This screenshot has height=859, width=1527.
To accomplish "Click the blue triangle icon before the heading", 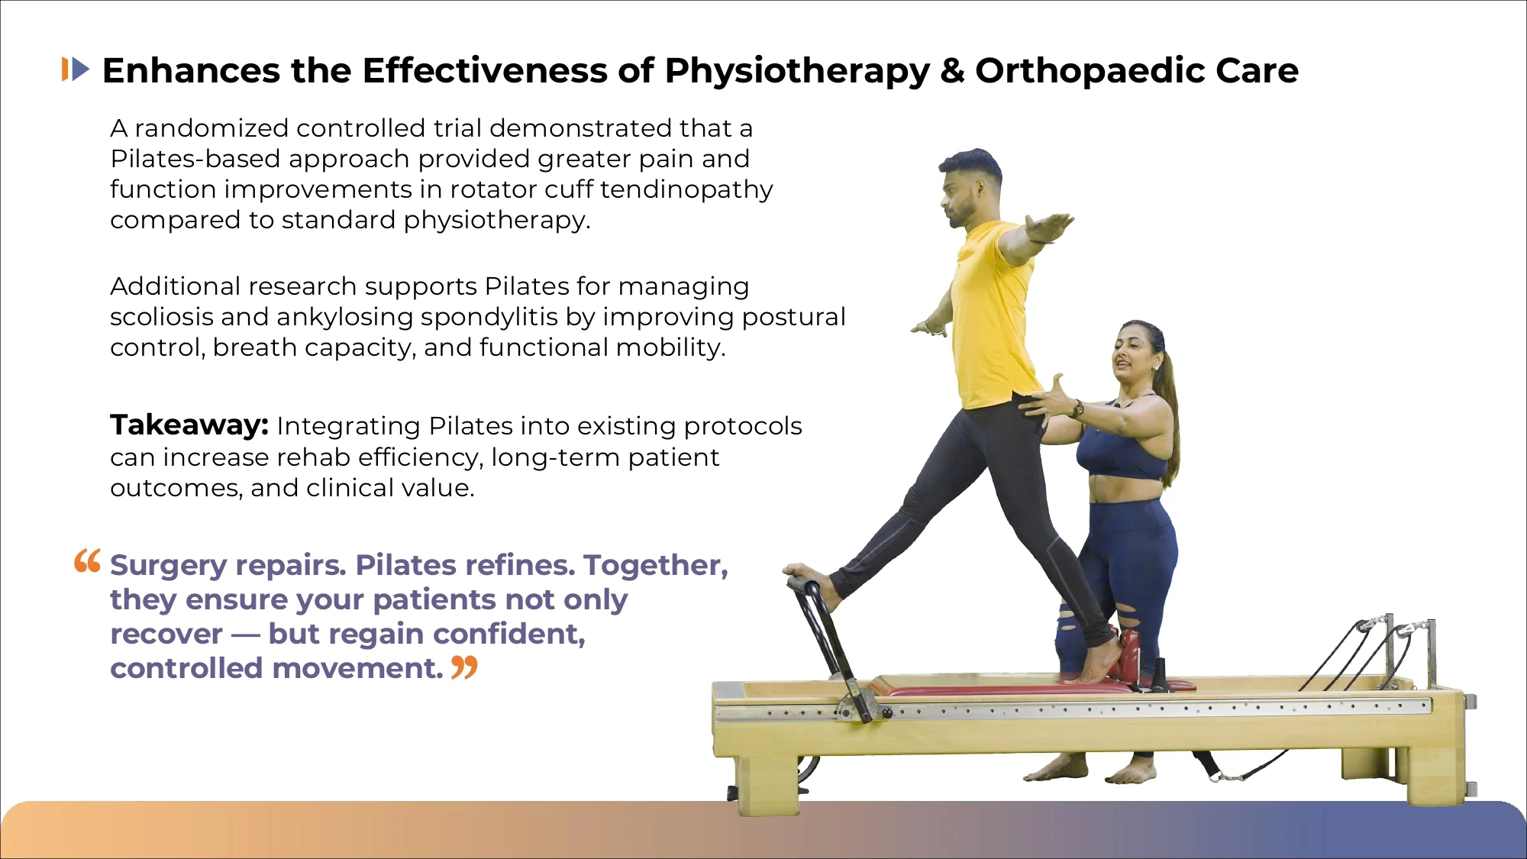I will point(80,69).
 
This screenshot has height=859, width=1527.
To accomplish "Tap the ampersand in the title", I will point(952,70).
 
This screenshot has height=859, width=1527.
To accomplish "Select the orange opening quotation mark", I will point(87,561).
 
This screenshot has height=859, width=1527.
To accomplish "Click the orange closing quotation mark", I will point(464,667).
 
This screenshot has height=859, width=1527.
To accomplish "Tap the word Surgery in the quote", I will point(169,566).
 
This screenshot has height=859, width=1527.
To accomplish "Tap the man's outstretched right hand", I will point(1051,226).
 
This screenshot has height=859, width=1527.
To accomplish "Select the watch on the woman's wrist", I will point(1078,409).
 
